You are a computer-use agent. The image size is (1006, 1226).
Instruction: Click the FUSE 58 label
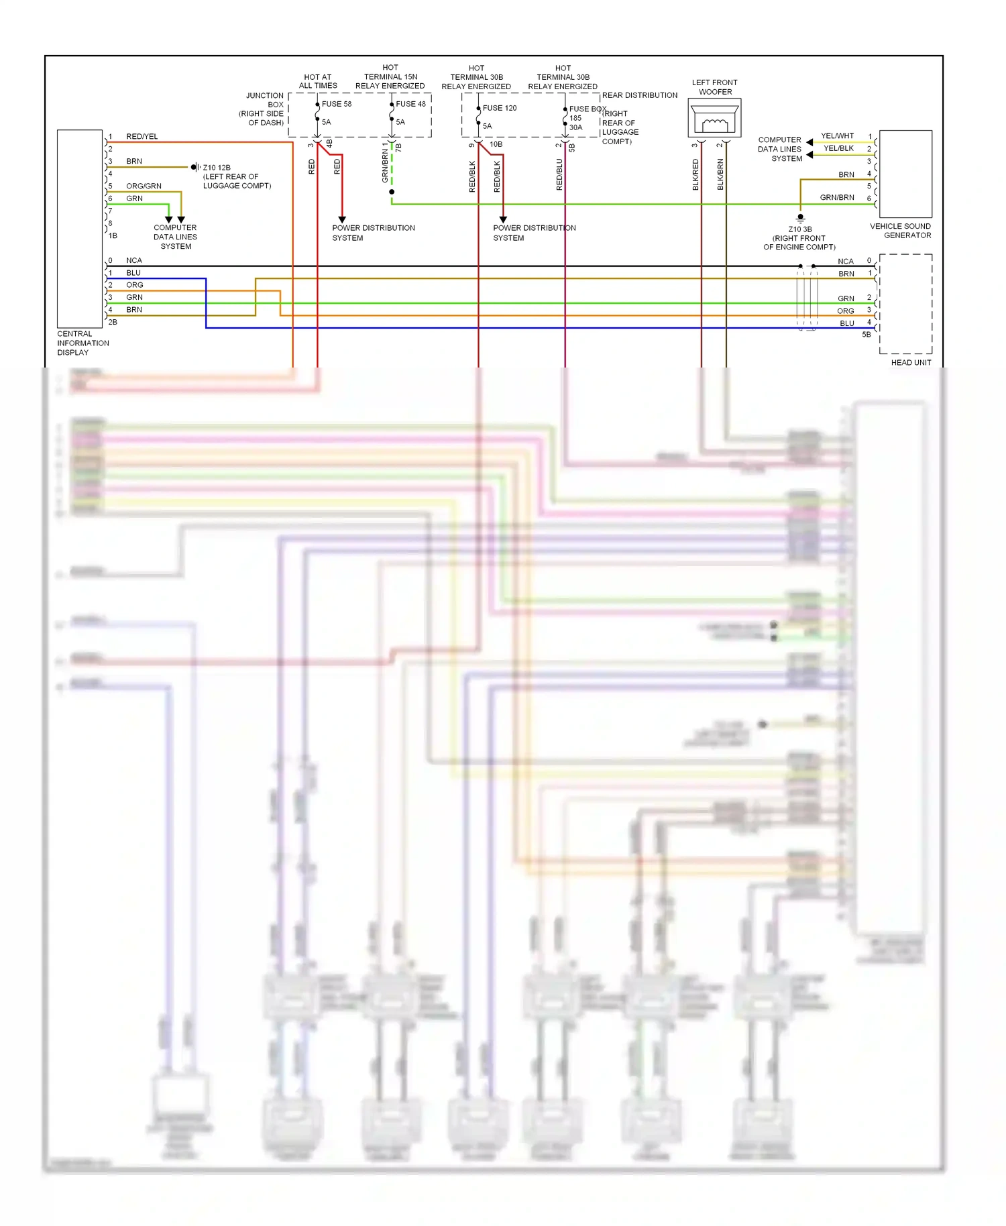[336, 104]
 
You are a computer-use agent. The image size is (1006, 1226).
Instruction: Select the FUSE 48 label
[410, 104]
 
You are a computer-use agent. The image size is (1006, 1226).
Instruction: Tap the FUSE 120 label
[500, 108]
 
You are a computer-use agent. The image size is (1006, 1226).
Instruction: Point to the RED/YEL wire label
[142, 137]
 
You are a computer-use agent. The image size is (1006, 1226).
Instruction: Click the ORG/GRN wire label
[144, 186]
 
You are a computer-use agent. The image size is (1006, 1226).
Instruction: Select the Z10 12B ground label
[217, 168]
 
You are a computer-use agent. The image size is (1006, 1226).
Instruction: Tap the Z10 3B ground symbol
[800, 218]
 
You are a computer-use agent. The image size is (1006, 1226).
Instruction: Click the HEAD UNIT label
[911, 363]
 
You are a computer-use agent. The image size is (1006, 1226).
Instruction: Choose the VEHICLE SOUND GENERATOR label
[900, 231]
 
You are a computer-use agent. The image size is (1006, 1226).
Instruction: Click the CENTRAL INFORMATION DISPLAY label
[82, 343]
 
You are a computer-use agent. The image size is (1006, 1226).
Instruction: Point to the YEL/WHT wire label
[837, 136]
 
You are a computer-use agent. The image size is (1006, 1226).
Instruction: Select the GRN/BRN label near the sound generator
[837, 198]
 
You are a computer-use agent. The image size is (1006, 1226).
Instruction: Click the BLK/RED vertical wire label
[695, 174]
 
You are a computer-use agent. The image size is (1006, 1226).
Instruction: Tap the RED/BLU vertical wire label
[559, 174]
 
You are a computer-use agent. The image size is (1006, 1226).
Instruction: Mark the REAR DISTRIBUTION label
[639, 95]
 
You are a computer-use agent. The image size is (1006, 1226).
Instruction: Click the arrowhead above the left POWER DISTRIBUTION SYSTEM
[342, 219]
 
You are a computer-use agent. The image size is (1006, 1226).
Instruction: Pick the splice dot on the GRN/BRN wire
[392, 192]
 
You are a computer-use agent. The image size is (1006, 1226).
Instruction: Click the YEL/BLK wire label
[838, 148]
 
